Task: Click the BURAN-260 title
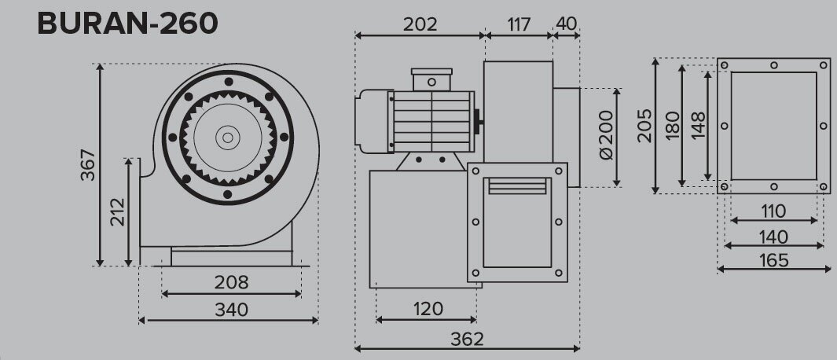pos(127,24)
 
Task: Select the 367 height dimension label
pos(88,165)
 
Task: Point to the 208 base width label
pos(231,282)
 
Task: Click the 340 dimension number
pos(231,309)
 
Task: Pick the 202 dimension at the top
pos(420,24)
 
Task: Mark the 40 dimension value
pos(567,24)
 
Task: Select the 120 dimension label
pos(426,308)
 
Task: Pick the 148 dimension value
pos(698,125)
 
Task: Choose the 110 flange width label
pos(773,211)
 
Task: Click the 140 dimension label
pos(773,236)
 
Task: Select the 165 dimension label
pos(773,259)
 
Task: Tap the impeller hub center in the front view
pos(228,138)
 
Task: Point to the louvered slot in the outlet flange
pos(517,186)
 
